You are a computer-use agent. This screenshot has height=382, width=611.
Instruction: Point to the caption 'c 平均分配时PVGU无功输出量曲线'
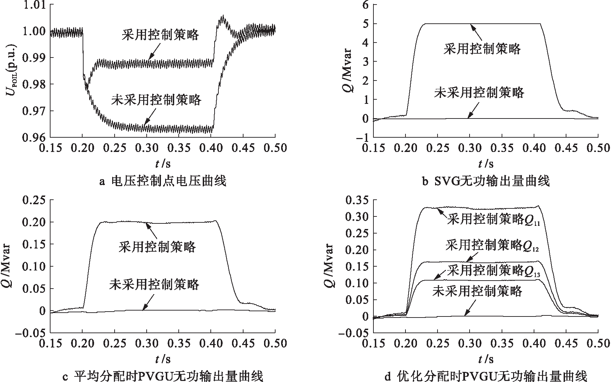coord(162,376)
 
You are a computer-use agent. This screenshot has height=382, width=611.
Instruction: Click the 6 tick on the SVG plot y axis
coord(365,5)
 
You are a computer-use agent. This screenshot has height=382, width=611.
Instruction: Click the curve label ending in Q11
coord(493,220)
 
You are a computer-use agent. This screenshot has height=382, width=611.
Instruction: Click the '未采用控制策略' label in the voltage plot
coord(156,100)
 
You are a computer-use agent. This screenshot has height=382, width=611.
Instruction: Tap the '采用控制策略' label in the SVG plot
coord(482,49)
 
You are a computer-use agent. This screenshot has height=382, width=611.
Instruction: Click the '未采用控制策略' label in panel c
coord(154,285)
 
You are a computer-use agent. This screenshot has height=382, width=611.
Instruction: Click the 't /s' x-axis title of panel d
coord(486,359)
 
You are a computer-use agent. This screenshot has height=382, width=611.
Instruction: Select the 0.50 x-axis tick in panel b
coord(598,148)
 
